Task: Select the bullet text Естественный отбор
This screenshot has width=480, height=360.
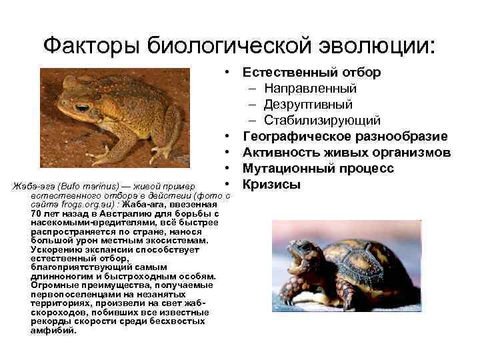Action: (x=311, y=72)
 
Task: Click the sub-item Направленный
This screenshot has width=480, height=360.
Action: (x=310, y=89)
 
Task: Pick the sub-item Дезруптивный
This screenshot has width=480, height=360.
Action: (x=308, y=105)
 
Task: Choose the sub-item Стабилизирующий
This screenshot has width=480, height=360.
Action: (x=322, y=121)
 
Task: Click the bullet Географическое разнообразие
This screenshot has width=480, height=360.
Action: (x=345, y=137)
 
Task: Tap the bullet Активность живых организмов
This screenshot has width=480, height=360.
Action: (x=347, y=153)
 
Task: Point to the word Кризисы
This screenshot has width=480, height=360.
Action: (x=272, y=185)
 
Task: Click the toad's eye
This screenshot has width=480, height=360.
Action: (x=81, y=107)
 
